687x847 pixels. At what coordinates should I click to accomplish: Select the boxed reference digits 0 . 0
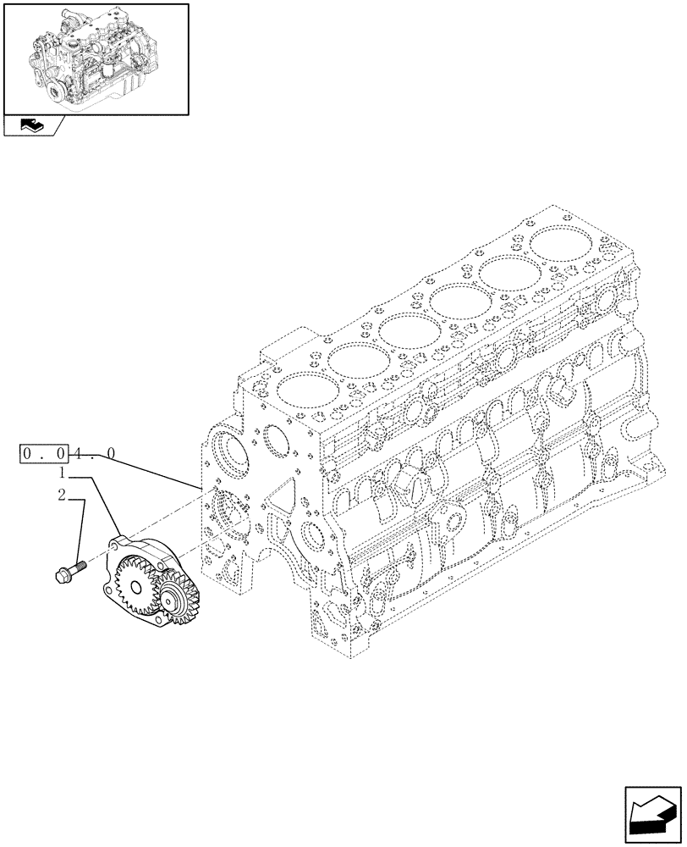[43, 455]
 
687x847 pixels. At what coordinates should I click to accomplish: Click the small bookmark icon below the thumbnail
[32, 126]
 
